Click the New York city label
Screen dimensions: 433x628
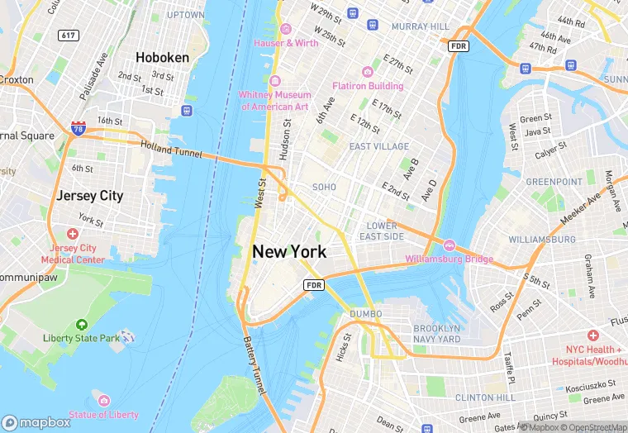click(289, 251)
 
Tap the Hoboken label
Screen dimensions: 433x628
click(162, 57)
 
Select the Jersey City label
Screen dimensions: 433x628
click(89, 196)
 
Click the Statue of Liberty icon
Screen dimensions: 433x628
click(103, 400)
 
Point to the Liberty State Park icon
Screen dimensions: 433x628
click(81, 325)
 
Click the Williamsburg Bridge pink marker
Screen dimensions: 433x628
click(450, 245)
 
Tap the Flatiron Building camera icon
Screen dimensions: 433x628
click(368, 72)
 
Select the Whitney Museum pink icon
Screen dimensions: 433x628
click(275, 81)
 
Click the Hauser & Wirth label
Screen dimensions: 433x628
click(286, 42)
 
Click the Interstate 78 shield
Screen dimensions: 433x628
click(78, 127)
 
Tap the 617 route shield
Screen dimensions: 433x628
click(69, 36)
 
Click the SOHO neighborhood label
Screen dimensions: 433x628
click(324, 188)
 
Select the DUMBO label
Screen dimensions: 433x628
click(365, 314)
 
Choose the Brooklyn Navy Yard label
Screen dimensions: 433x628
click(436, 334)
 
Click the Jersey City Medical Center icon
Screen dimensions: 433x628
click(73, 235)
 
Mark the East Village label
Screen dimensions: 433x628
click(378, 146)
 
